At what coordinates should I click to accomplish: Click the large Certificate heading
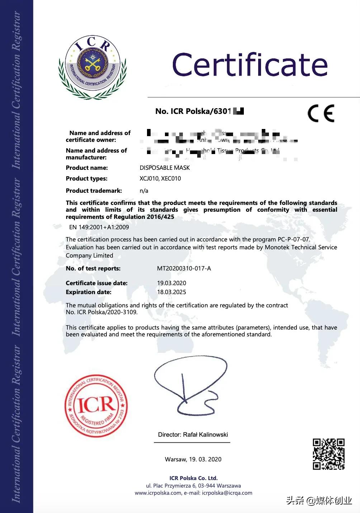[250, 65]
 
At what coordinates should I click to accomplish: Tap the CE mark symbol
[321, 114]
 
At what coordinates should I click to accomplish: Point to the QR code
[328, 454]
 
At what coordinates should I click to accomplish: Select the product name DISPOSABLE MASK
[165, 168]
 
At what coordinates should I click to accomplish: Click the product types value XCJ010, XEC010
[160, 178]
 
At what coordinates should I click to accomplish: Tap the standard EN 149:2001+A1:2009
[99, 227]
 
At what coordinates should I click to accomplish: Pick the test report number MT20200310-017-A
[184, 268]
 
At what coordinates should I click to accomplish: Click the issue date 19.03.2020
[171, 283]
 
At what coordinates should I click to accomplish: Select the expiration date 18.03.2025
[171, 292]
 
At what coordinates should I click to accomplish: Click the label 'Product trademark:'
[94, 191]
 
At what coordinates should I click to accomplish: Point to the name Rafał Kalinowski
[205, 435]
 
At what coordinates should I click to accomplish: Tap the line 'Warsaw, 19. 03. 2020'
[193, 459]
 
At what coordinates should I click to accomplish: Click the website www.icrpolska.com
[158, 493]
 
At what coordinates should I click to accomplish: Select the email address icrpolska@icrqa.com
[227, 493]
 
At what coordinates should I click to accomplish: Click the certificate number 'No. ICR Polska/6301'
[194, 111]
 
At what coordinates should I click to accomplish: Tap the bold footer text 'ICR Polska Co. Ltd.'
[193, 478]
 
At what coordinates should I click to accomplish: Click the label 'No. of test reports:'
[93, 268]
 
